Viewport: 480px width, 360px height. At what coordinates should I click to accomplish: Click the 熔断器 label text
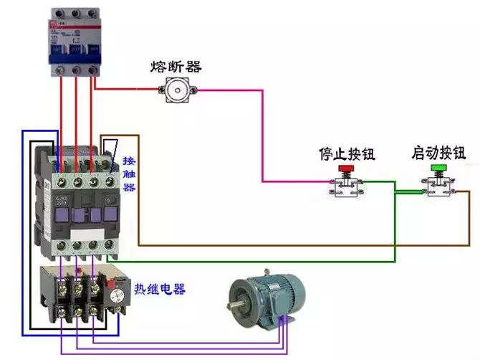(x=176, y=67)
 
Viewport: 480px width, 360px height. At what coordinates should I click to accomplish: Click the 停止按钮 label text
(x=347, y=153)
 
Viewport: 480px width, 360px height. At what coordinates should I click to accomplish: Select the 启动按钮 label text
(x=438, y=153)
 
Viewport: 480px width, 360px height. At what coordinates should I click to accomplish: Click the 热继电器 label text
(x=159, y=290)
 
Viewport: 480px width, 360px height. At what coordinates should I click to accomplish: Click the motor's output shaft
(x=235, y=310)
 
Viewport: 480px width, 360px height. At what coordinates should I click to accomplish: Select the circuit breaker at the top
(x=75, y=42)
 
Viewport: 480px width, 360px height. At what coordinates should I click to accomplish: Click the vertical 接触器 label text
(x=129, y=174)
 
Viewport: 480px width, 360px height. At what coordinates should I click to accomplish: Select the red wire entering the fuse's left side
(x=129, y=90)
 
